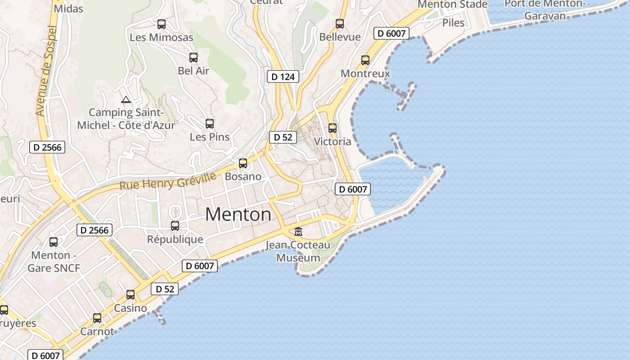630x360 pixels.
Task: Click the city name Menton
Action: [x=238, y=215]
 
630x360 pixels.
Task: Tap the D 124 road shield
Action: [x=283, y=76]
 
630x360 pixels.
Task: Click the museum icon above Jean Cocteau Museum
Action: [x=298, y=232]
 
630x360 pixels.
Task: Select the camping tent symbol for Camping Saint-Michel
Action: [x=126, y=99]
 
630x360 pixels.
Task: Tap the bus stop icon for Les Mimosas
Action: [x=161, y=24]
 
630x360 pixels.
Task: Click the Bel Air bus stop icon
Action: [x=193, y=58]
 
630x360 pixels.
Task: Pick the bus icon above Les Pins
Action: [x=210, y=124]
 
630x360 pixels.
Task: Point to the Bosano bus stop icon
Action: [x=243, y=163]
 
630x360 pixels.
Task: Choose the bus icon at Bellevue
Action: [x=340, y=24]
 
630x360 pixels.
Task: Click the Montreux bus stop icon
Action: [x=365, y=60]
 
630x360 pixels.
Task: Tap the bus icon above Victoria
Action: [x=333, y=128]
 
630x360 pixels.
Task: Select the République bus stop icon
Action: [x=175, y=226]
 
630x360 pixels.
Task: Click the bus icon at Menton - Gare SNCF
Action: [x=54, y=242]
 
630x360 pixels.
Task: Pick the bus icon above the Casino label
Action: [x=130, y=295]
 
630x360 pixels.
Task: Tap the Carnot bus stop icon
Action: [x=97, y=318]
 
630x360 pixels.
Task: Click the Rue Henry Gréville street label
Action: [x=168, y=181]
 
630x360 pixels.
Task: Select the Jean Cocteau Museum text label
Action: [x=298, y=252]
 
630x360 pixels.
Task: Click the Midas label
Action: [x=68, y=9]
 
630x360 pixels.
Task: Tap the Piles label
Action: [x=453, y=22]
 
